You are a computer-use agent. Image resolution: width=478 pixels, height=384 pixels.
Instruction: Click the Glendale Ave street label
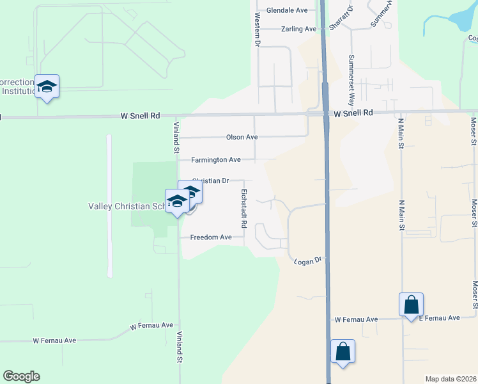[x=287, y=11]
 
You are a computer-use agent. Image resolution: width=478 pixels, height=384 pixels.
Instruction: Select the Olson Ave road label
[x=242, y=137]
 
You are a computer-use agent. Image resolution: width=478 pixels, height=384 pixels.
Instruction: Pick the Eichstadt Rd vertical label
[x=243, y=209]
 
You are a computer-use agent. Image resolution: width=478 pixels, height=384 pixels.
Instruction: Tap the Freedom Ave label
[x=211, y=237]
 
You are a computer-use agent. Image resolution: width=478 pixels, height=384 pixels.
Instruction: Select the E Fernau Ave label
[x=439, y=318]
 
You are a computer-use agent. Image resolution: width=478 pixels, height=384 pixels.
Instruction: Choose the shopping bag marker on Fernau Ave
[x=411, y=305]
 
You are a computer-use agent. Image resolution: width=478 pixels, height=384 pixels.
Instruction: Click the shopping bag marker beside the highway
[x=343, y=351]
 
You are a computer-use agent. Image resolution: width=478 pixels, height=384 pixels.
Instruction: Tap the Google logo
[x=21, y=376]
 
